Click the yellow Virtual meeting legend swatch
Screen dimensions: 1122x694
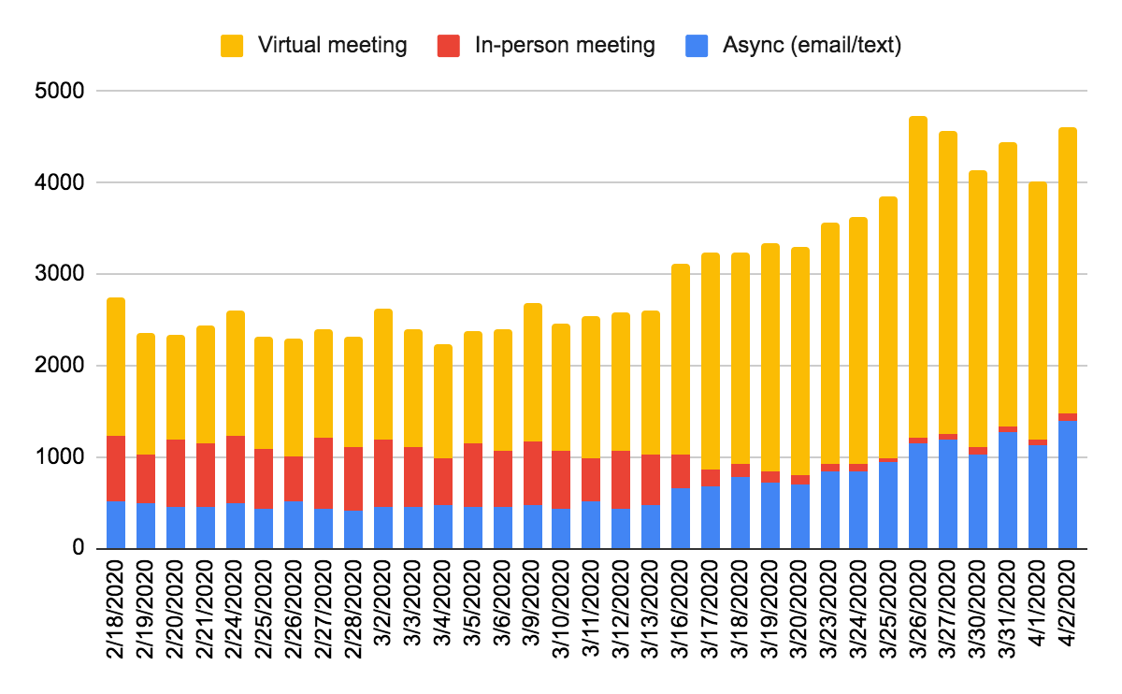[232, 46]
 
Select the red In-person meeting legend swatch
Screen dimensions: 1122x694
[448, 46]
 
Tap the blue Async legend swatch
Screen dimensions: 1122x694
[697, 46]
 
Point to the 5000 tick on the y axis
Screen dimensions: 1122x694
[59, 92]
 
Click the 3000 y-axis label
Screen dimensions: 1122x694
[59, 274]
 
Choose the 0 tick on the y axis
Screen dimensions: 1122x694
[79, 548]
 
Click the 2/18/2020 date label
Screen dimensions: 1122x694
[116, 609]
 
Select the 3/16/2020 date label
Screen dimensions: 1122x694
[681, 609]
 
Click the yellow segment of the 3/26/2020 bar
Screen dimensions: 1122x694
[918, 277]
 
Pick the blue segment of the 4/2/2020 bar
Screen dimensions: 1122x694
[1068, 484]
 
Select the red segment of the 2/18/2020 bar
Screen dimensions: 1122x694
[116, 469]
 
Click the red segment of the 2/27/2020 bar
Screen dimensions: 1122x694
[324, 473]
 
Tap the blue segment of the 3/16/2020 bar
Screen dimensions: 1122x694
[681, 518]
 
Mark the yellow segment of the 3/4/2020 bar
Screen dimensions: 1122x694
[443, 401]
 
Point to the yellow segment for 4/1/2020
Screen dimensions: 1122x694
[1038, 311]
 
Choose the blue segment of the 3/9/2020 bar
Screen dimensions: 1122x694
[533, 527]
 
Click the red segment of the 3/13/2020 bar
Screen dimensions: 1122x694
[651, 480]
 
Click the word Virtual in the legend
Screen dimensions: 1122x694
[290, 45]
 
